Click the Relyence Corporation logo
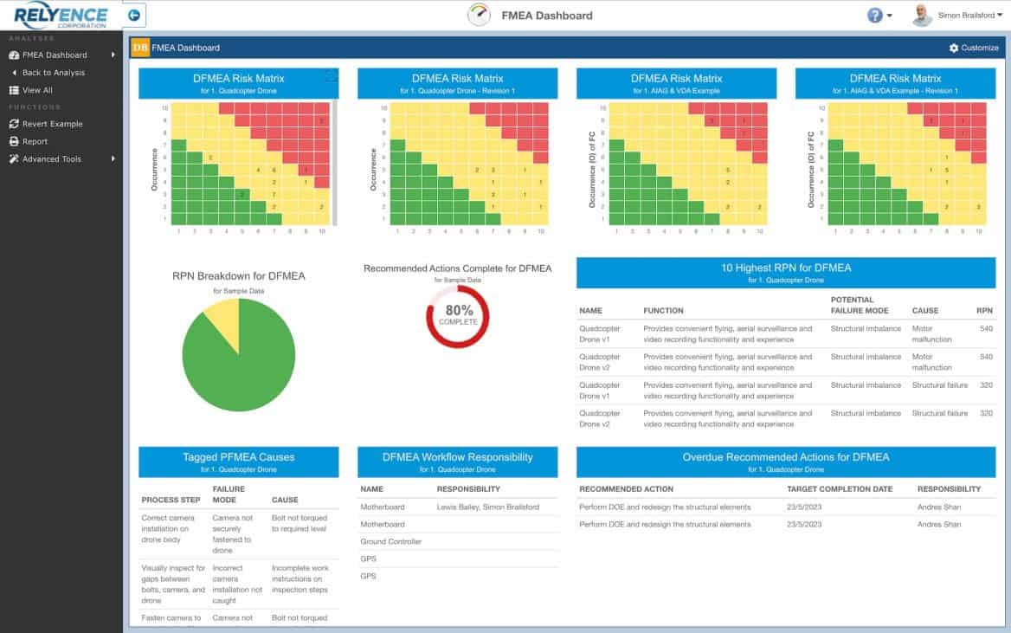coord(61,16)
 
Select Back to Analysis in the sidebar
coord(54,73)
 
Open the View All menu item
coord(37,90)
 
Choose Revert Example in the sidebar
coord(52,124)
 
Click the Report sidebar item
coord(35,141)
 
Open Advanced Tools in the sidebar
coord(52,159)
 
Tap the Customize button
coord(974,48)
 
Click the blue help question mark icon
coord(875,16)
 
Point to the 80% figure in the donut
coord(458,310)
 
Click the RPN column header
coord(984,310)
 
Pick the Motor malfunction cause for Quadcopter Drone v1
coord(931,334)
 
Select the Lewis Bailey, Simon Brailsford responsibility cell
coord(488,507)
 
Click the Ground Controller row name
coord(390,541)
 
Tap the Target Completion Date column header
coord(839,489)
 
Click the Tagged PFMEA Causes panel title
coord(238,457)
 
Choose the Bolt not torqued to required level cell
coord(299,523)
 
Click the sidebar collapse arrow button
coord(134,16)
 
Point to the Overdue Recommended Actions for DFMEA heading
coord(785,457)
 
